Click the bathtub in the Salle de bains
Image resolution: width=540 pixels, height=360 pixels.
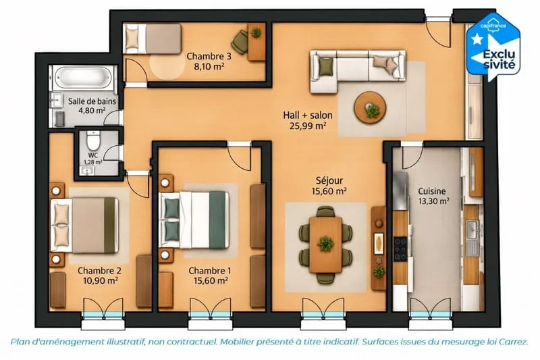tap(84, 78)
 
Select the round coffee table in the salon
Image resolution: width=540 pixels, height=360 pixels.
tap(371, 107)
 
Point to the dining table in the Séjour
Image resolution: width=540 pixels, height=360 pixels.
tap(325, 245)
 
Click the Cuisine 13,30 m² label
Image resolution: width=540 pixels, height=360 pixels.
tap(433, 196)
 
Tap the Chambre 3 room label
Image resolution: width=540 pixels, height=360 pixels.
tap(209, 57)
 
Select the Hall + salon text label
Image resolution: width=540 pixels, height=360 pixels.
tap(308, 115)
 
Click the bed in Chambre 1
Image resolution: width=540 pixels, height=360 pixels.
tap(194, 220)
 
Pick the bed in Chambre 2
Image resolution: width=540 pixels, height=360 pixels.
tap(84, 225)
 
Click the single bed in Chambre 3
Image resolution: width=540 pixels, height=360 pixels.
tap(153, 38)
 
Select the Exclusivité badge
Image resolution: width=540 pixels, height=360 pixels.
tap(493, 47)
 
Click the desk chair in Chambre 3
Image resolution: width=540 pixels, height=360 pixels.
tap(240, 41)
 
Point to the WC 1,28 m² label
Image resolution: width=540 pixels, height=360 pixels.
tap(93, 159)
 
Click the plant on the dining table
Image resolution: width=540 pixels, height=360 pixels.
tap(325, 244)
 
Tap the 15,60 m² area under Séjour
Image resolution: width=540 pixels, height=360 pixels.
tap(329, 191)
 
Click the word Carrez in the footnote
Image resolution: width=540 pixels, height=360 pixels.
tap(513, 342)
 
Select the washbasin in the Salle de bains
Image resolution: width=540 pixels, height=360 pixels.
tap(55, 99)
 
